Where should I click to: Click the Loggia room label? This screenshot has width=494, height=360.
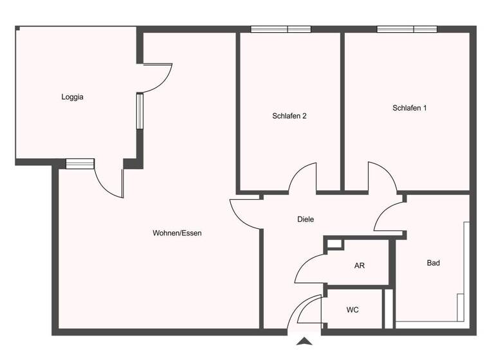pyautogui.click(x=73, y=98)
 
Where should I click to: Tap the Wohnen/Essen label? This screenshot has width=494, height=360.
pyautogui.click(x=177, y=233)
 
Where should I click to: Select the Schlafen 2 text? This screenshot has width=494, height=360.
pyautogui.click(x=289, y=116)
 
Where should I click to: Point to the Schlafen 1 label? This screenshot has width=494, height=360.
pyautogui.click(x=409, y=108)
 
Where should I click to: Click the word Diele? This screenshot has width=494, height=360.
pyautogui.click(x=306, y=219)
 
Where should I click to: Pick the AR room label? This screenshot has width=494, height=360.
pyautogui.click(x=360, y=265)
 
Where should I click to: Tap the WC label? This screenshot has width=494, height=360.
pyautogui.click(x=352, y=310)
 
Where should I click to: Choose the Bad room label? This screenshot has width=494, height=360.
pyautogui.click(x=434, y=263)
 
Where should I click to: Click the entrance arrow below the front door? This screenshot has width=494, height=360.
pyautogui.click(x=305, y=342)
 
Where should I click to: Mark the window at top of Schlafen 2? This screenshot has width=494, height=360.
pyautogui.click(x=280, y=29)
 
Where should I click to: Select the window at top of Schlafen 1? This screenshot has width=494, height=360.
pyautogui.click(x=407, y=29)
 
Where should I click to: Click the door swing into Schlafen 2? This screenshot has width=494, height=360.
pyautogui.click(x=302, y=179)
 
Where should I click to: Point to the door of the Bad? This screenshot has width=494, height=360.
pyautogui.click(x=389, y=217)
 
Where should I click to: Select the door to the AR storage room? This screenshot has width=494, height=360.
pyautogui.click(x=311, y=268)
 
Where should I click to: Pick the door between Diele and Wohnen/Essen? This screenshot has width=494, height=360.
pyautogui.click(x=246, y=213)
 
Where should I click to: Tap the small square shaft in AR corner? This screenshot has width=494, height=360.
pyautogui.click(x=334, y=244)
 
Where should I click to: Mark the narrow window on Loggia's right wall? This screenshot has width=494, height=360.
pyautogui.click(x=140, y=111)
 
